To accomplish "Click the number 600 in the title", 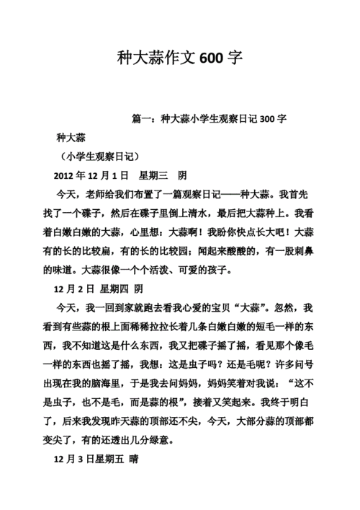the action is point(213,58).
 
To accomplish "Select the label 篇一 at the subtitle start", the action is point(143,118).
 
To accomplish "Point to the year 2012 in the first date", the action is point(66,175).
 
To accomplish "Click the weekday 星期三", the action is point(152,175).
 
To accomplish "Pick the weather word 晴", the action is point(133,459).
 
